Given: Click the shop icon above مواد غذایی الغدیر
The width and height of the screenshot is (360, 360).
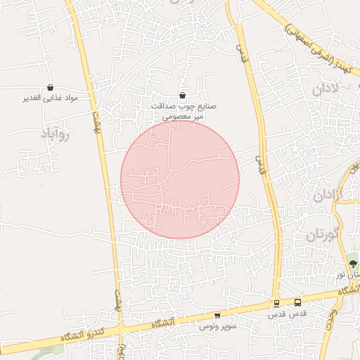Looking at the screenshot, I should tap(50, 88).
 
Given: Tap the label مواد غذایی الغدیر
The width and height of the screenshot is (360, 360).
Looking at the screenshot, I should tap(50, 98).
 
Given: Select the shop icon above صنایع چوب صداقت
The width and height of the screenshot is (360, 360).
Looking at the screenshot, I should tap(183, 96).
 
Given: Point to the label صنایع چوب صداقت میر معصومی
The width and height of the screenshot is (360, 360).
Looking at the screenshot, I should tap(183, 112).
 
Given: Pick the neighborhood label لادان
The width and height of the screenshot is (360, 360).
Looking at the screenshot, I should tap(326, 90).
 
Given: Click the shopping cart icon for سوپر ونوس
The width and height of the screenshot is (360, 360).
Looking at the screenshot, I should tap(217, 316).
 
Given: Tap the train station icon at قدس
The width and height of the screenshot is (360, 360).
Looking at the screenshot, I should tap(276, 303).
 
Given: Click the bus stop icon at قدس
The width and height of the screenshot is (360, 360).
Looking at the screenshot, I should tap(297, 303).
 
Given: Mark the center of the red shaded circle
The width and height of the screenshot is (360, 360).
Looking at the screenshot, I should tap(180, 179).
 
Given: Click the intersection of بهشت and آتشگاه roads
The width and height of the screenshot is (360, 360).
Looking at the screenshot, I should tap(121, 330).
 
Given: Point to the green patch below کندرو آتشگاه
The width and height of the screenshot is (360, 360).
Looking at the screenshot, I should tap(56, 349).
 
